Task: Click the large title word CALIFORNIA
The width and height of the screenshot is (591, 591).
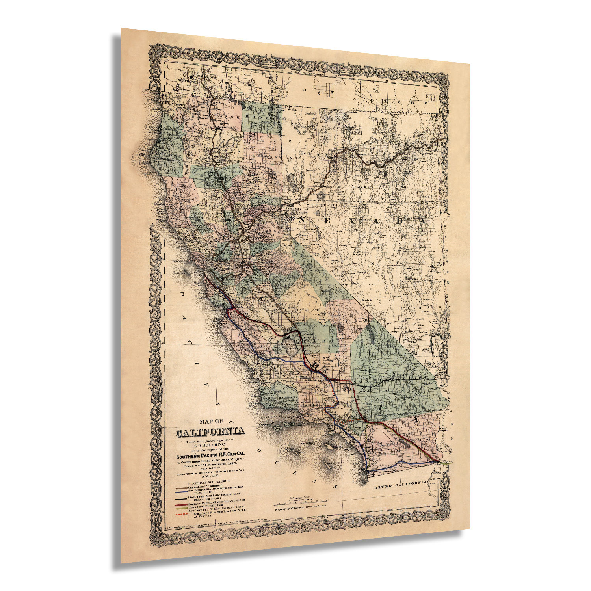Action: tap(211, 432)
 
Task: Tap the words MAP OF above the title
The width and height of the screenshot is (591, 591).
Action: tap(212, 421)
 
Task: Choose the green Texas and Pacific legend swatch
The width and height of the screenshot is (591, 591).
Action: tap(182, 509)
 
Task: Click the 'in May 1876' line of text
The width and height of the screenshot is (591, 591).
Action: tap(210, 476)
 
